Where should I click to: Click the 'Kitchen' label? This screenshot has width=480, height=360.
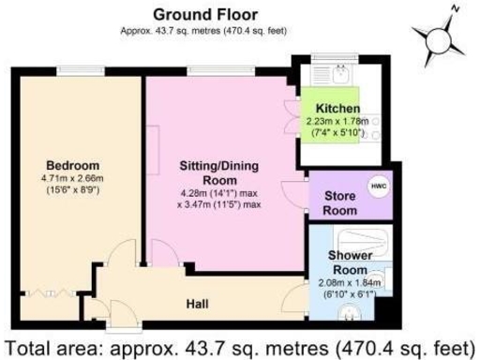pos(338,109)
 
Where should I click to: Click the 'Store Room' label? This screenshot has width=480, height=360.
pos(340,203)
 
